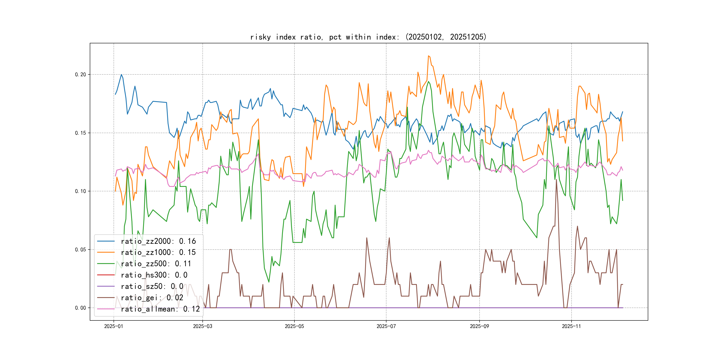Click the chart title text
tap(368, 37)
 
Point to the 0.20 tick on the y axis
tap(80, 75)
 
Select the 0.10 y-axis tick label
tap(80, 191)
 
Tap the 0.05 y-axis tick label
tap(80, 250)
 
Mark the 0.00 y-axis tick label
tap(80, 308)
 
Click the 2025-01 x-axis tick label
tap(114, 326)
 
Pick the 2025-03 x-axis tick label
tap(203, 326)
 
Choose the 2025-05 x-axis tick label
tap(294, 326)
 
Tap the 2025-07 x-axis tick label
tap(386, 326)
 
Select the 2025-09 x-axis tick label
tap(479, 326)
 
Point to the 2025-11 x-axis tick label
tap(571, 326)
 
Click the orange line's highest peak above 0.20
tap(428, 56)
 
